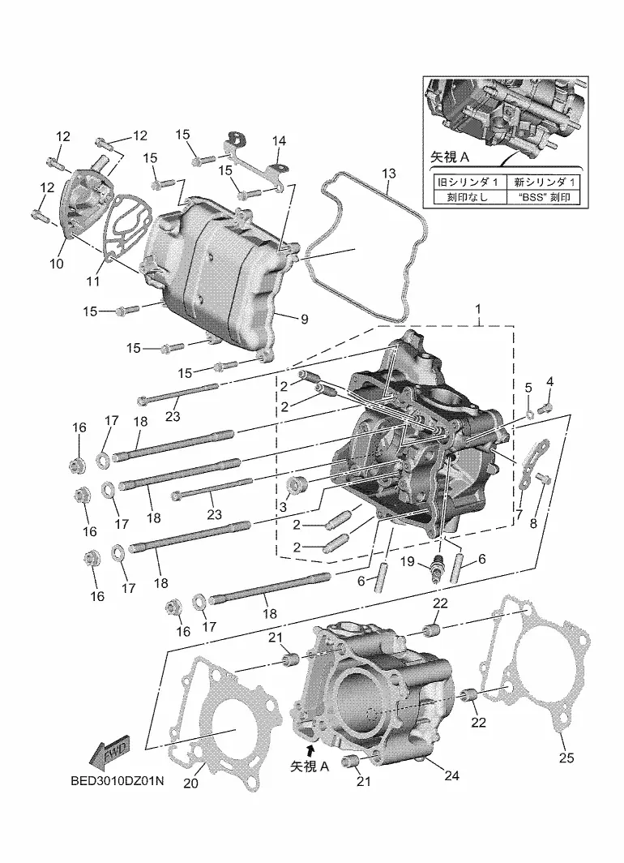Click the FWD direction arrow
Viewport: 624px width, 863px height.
coord(109,753)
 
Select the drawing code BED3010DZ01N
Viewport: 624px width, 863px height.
coord(118,781)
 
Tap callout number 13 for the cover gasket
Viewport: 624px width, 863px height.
coord(388,174)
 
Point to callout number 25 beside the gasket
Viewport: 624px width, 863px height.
coord(566,758)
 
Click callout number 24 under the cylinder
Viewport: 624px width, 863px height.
coord(451,775)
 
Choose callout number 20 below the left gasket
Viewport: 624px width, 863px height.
coord(190,783)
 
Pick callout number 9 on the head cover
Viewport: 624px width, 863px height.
coord(305,319)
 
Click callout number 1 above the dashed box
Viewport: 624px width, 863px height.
coord(478,309)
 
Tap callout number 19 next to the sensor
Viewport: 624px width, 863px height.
coord(407,561)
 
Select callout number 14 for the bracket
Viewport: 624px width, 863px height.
coord(279,141)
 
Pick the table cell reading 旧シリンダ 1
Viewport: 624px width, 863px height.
coord(468,182)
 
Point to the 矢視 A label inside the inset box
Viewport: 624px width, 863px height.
coord(449,157)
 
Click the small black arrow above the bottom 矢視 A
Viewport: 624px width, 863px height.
coord(311,749)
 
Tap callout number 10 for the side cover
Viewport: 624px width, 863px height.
coord(57,263)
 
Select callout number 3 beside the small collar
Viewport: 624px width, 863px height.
coord(283,506)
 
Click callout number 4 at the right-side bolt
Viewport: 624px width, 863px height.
coord(549,381)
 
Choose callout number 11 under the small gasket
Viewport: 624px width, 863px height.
coord(93,281)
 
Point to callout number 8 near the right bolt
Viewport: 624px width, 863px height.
coord(532,523)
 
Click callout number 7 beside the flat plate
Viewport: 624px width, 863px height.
coord(519,514)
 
